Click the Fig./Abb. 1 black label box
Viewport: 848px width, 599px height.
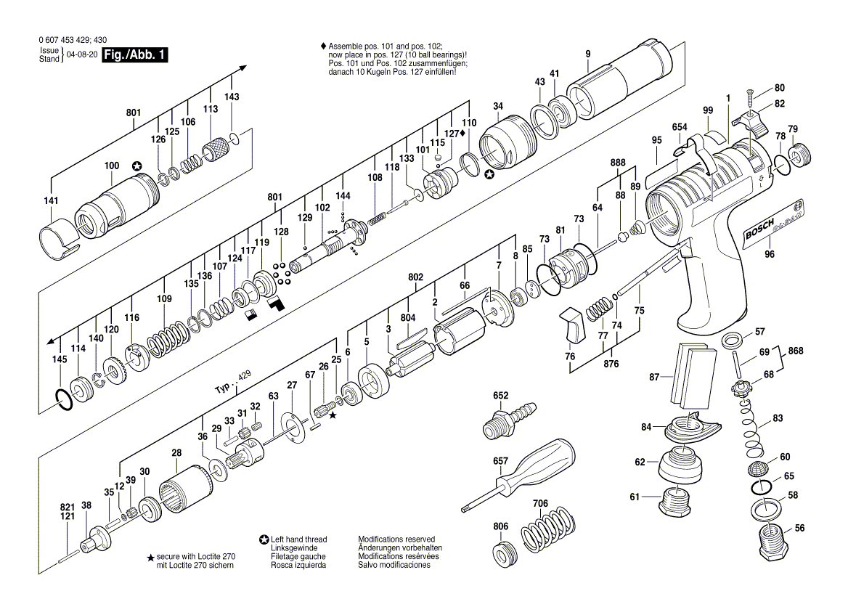[x=135, y=55]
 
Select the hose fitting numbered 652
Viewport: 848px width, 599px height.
[x=509, y=419]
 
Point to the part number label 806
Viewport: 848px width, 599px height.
[x=501, y=526]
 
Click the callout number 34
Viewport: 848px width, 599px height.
[x=497, y=107]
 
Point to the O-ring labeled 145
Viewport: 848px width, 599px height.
[x=63, y=400]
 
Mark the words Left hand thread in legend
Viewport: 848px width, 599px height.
[x=298, y=539]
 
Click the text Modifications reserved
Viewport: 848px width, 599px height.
[x=396, y=539]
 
